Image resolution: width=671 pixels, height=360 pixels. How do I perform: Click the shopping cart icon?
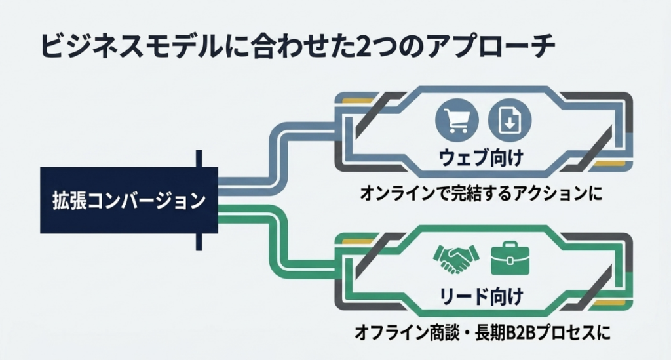pyautogui.click(x=457, y=119)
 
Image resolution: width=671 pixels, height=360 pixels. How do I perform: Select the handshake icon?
pyautogui.click(x=456, y=259)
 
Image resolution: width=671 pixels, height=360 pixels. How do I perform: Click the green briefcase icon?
pyautogui.click(x=510, y=258)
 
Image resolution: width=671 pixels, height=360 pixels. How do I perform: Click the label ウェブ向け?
pyautogui.click(x=480, y=158)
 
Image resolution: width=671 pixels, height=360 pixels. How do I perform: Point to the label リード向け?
pyautogui.click(x=482, y=296)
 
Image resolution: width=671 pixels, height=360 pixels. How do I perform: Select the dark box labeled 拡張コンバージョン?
pyautogui.click(x=129, y=200)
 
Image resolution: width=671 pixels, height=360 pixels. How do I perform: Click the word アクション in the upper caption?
pyautogui.click(x=550, y=193)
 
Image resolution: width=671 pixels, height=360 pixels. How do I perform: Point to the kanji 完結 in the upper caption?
pyautogui.click(x=466, y=193)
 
